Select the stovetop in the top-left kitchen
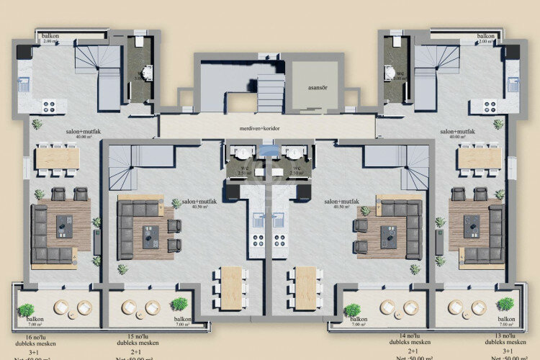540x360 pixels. coord(50,106)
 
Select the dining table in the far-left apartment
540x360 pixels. coord(58,158)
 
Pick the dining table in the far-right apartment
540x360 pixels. coord(479,158)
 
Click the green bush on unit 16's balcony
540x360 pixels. coord(26,310)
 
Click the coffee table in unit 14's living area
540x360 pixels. coord(388,236)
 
